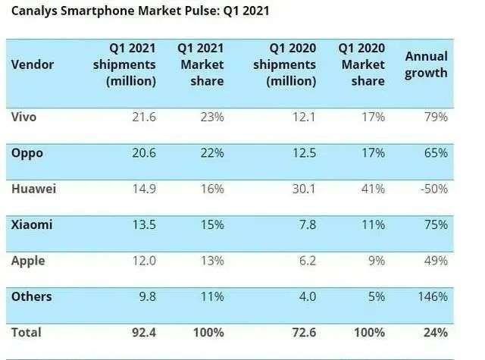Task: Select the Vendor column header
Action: pos(33,65)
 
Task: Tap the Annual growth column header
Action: pos(426,64)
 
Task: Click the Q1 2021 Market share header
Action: pos(200,64)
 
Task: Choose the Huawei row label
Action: pos(35,189)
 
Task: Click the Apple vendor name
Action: pos(29,261)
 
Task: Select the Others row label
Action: pos(32,296)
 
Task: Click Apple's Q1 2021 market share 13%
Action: pos(211,261)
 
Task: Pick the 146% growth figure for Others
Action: pos(432,297)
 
